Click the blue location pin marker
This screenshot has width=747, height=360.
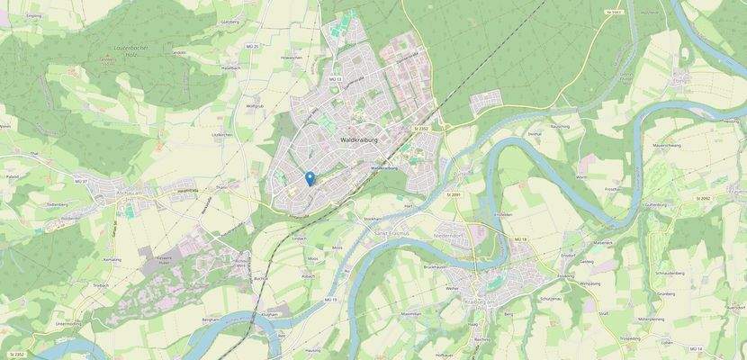[x=310, y=177]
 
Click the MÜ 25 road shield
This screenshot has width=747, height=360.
[x=252, y=46]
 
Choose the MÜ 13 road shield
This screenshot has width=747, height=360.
[x=336, y=80]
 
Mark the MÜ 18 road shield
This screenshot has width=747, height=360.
[x=518, y=238]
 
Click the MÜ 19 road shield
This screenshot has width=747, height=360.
[x=329, y=300]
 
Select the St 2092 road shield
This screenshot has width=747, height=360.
[x=704, y=197]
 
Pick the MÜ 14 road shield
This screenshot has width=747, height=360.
[x=695, y=347]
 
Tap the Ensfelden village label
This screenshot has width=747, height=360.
[x=504, y=214]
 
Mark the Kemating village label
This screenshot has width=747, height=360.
[x=112, y=259]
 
